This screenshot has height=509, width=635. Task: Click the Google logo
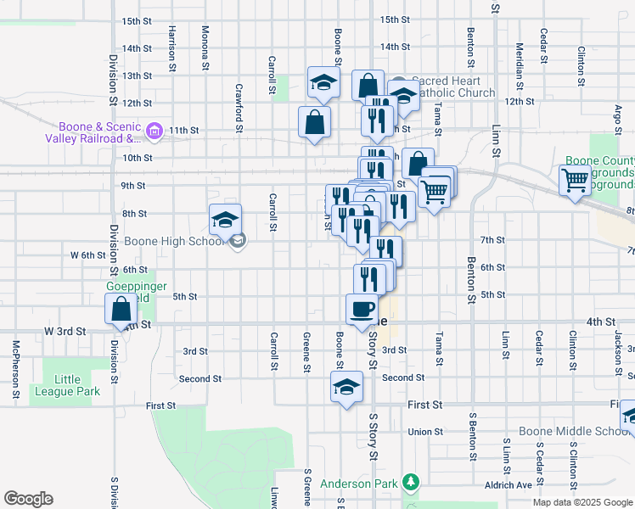[28, 499]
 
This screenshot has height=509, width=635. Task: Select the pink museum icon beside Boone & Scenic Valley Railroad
[154, 131]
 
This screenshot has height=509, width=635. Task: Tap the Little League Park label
[66, 385]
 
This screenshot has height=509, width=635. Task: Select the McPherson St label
[15, 369]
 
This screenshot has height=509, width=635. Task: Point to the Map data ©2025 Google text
[582, 502]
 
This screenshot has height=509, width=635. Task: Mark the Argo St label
[617, 119]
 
